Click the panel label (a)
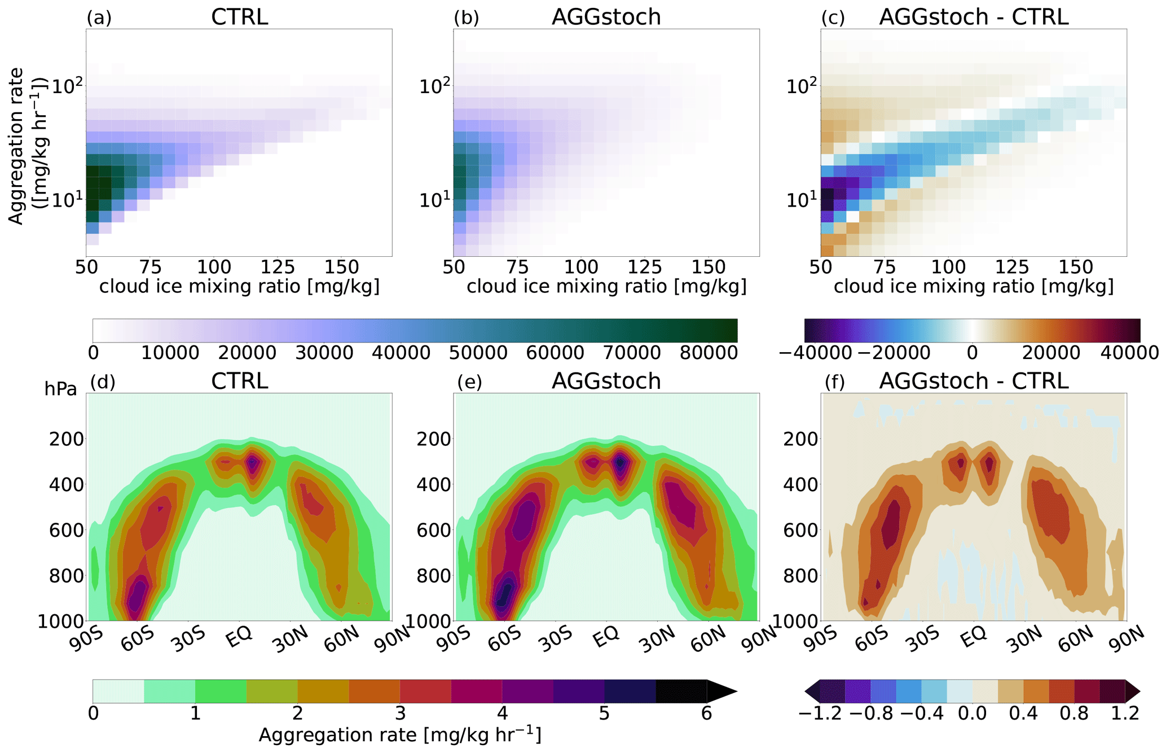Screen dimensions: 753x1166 click(99, 17)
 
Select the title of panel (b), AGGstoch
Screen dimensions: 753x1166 click(606, 17)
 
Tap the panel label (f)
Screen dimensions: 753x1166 click(834, 382)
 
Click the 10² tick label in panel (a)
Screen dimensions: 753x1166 click(67, 86)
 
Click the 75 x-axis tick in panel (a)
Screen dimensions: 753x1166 click(150, 266)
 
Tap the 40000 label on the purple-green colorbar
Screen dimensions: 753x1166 click(402, 353)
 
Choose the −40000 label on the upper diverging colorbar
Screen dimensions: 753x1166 click(815, 353)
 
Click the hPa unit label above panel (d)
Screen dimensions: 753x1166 click(60, 389)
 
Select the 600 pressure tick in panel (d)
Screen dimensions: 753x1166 click(67, 530)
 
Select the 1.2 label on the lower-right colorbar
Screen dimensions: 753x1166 click(1125, 713)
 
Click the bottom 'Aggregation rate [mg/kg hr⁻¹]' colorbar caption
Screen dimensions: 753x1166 click(400, 735)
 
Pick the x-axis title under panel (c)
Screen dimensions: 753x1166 click(974, 286)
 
